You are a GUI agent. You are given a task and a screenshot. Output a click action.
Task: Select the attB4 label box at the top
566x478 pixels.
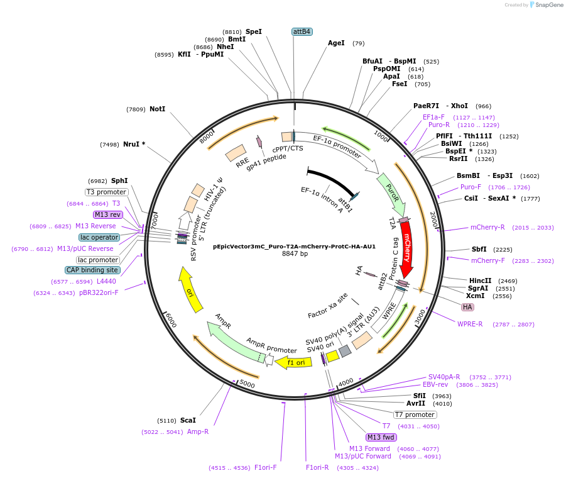coord(302,31)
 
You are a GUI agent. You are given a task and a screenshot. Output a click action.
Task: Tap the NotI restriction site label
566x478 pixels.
coord(157,109)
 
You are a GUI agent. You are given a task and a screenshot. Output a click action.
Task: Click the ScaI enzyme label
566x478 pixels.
coord(188,420)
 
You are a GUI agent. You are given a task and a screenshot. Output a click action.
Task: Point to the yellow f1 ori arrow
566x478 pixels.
coord(294,362)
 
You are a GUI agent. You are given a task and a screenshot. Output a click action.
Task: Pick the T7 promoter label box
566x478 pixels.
coord(415,414)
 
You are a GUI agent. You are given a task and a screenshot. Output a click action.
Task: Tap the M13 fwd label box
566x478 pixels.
coord(381,437)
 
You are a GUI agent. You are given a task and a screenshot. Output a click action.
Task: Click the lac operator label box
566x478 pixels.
coord(99,237)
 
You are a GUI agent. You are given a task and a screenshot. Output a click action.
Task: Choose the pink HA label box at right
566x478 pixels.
coord(467,307)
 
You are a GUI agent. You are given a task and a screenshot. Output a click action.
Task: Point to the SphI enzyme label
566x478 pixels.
coord(119,181)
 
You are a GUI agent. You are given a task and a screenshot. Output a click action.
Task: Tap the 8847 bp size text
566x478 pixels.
coord(295,253)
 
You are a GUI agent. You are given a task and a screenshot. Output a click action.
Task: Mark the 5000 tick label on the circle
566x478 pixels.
coord(248,383)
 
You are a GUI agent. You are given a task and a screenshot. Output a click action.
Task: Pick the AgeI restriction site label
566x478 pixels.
coord(336,43)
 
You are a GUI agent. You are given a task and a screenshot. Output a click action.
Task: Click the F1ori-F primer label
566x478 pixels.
coord(265,467)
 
